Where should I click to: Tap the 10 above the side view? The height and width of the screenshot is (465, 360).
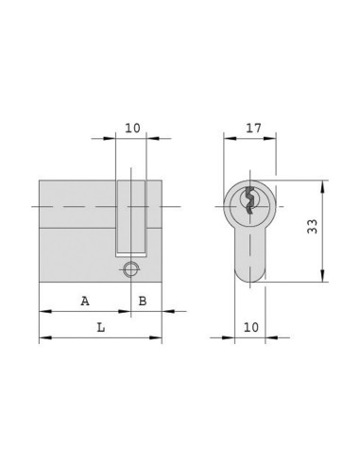coord(131,127)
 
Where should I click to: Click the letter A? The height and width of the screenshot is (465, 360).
coord(85,301)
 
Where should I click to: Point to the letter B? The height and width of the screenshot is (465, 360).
coord(143,301)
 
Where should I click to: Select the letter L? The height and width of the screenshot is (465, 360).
coord(101,327)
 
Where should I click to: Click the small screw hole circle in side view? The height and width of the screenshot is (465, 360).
coord(131,269)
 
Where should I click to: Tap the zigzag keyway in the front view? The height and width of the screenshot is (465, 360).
coord(248,201)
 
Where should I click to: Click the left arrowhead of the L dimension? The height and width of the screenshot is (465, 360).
coord(43,338)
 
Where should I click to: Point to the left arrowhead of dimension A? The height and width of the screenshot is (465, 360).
coord(43,311)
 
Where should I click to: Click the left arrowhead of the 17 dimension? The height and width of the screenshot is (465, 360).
coord(228,137)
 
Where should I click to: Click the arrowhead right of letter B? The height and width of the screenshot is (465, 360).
coord(164,311)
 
